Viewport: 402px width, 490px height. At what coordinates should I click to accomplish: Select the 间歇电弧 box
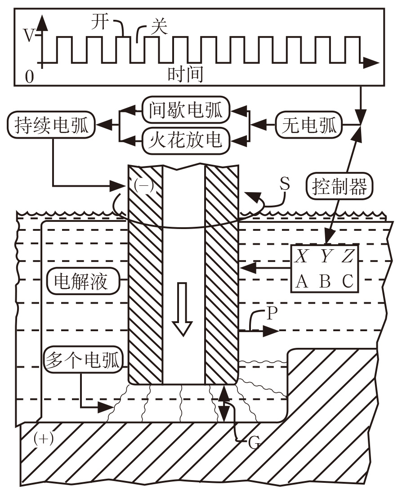point(185,109)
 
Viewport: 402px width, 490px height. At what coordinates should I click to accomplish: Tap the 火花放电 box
point(185,140)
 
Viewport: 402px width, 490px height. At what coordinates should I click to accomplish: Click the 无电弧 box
point(309,125)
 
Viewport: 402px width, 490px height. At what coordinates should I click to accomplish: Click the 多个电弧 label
point(83,360)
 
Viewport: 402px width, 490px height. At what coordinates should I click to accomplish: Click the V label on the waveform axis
point(29,36)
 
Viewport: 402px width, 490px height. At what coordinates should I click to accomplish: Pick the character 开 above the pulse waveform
point(100,21)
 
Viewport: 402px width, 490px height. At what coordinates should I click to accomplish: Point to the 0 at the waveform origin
point(29,77)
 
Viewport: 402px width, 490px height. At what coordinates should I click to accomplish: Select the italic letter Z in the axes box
point(348,257)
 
